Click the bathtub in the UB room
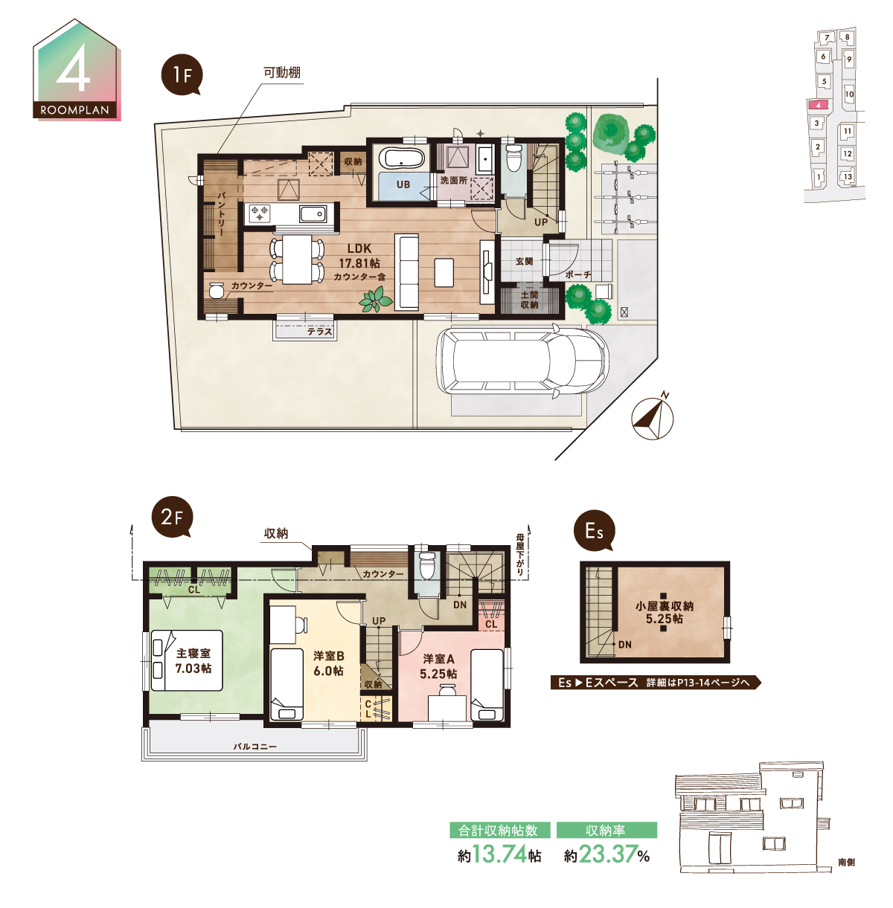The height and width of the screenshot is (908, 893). [x=403, y=158]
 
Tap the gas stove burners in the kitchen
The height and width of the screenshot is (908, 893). [x=260, y=213]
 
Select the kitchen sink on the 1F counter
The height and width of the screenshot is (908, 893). [x=313, y=214]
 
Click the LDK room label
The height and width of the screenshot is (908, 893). [x=359, y=262]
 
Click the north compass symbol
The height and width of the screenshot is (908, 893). [x=653, y=416]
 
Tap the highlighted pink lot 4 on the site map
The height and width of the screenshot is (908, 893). [x=818, y=105]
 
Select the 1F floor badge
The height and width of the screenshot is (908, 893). [x=182, y=75]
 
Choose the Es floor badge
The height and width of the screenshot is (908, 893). [x=595, y=530]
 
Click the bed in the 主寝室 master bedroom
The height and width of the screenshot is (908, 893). [x=187, y=660]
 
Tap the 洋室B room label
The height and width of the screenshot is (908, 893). [x=329, y=663]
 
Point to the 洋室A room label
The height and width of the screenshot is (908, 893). [x=438, y=666]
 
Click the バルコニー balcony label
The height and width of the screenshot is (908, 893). [x=255, y=747]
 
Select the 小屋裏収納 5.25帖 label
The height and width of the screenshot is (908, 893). [x=665, y=612]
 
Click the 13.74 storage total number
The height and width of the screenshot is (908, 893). [x=499, y=854]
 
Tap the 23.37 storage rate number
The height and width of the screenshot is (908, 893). [x=607, y=854]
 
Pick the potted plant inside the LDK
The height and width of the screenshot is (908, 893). [x=376, y=300]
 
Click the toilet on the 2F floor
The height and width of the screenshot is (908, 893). [x=426, y=565]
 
